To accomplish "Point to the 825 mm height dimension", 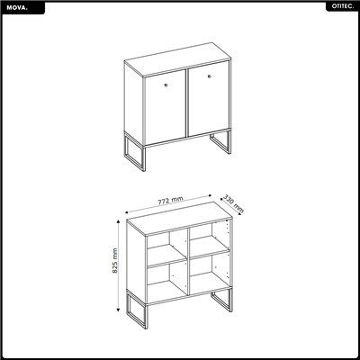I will click(x=116, y=264).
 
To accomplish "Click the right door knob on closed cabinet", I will click(x=209, y=79).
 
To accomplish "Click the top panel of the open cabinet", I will click(x=180, y=219).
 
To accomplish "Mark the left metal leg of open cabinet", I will click(x=132, y=315).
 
